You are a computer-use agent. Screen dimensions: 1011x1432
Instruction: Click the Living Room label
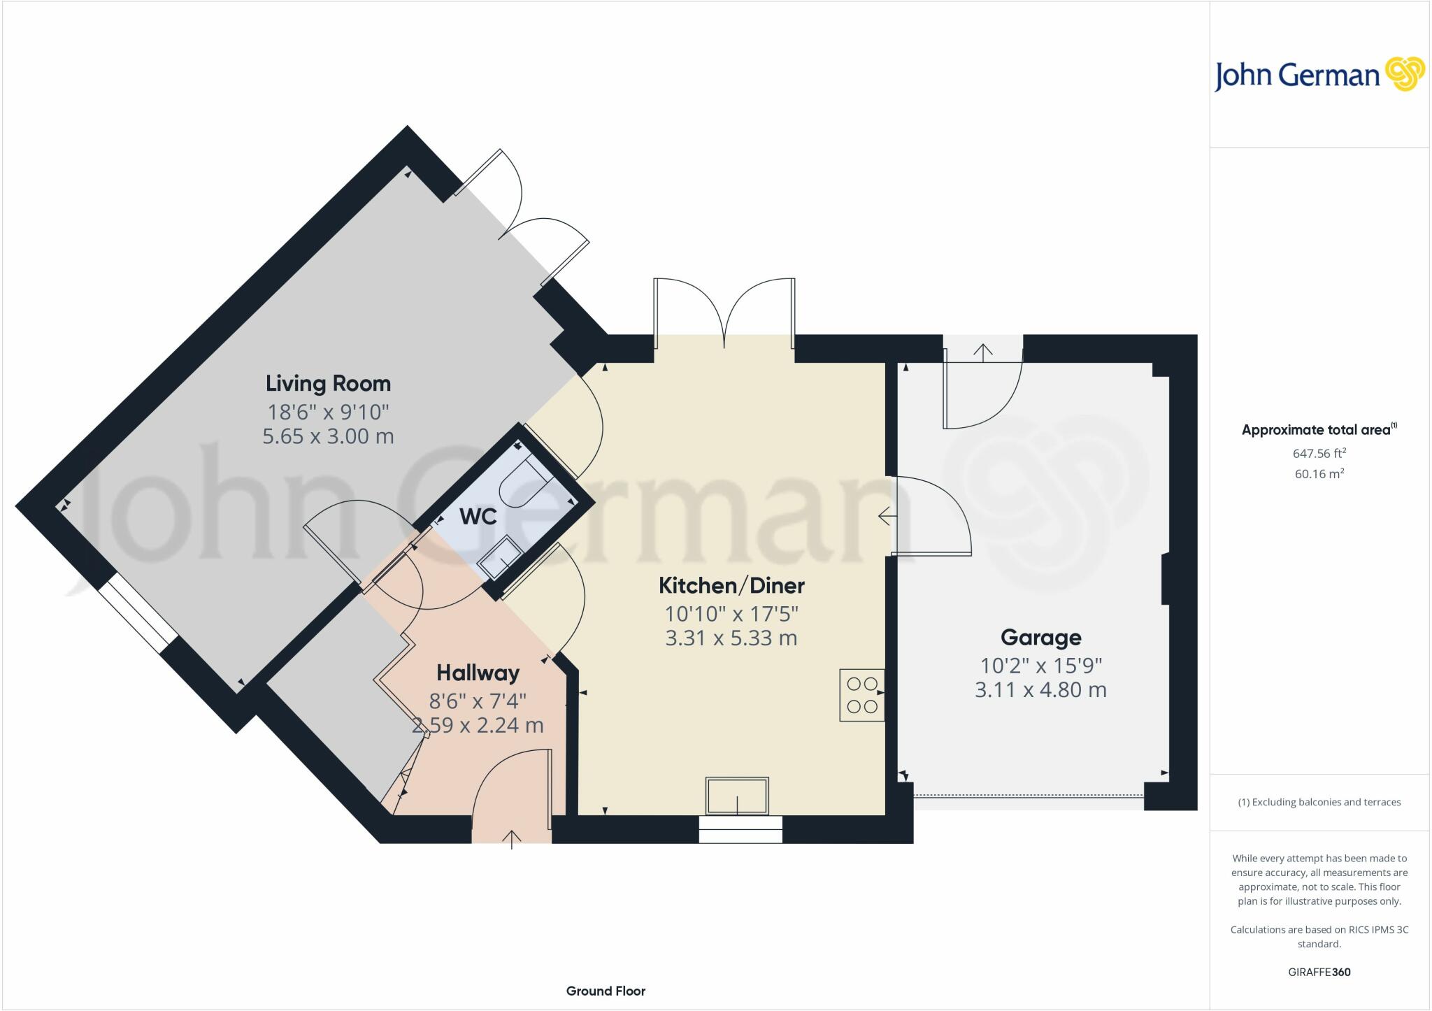[328, 384]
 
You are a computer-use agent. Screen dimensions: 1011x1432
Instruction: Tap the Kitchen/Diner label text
[731, 586]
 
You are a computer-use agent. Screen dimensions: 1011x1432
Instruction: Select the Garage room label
[1040, 638]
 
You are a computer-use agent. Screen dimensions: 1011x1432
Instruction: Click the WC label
[478, 517]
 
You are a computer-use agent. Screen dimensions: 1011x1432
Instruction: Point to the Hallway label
[478, 673]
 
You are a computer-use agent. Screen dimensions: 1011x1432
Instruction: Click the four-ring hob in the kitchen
[861, 695]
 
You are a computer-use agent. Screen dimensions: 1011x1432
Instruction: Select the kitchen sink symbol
[737, 796]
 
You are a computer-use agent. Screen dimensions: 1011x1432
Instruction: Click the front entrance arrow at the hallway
[512, 838]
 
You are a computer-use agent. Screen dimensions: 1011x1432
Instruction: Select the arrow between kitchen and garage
[887, 517]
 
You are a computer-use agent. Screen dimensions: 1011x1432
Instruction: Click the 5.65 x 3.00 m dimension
[328, 436]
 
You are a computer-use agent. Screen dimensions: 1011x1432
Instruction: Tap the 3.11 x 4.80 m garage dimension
[1040, 690]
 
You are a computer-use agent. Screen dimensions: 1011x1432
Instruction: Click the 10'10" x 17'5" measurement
[731, 614]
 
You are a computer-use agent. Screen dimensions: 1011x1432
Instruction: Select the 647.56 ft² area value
[1319, 453]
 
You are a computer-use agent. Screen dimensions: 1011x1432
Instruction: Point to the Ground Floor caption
[606, 991]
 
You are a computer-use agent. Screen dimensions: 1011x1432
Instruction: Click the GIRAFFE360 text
[1319, 972]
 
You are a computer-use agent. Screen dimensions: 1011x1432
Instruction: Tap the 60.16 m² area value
[1319, 473]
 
